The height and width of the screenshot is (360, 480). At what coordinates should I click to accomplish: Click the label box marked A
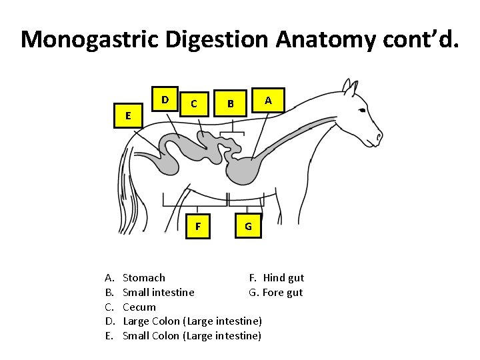pyautogui.click(x=268, y=100)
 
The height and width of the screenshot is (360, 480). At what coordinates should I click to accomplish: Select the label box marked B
pyautogui.click(x=230, y=103)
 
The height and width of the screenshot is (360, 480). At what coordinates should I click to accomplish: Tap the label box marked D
pyautogui.click(x=165, y=100)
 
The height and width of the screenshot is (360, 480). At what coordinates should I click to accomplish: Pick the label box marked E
pyautogui.click(x=127, y=115)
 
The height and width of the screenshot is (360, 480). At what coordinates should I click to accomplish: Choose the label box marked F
pyautogui.click(x=197, y=226)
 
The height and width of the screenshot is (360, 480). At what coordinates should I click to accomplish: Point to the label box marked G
pyautogui.click(x=248, y=226)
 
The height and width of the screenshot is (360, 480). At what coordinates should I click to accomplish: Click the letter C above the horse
pyautogui.click(x=193, y=103)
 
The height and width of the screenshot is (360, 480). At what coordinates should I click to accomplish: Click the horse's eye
pyautogui.click(x=361, y=111)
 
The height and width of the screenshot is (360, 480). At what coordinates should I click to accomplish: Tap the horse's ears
pyautogui.click(x=347, y=86)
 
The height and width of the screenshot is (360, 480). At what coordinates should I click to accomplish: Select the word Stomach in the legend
pyautogui.click(x=144, y=278)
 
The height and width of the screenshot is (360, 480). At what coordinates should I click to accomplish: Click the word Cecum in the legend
pyautogui.click(x=139, y=307)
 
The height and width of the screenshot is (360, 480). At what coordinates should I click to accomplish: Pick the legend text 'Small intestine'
pyautogui.click(x=159, y=293)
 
